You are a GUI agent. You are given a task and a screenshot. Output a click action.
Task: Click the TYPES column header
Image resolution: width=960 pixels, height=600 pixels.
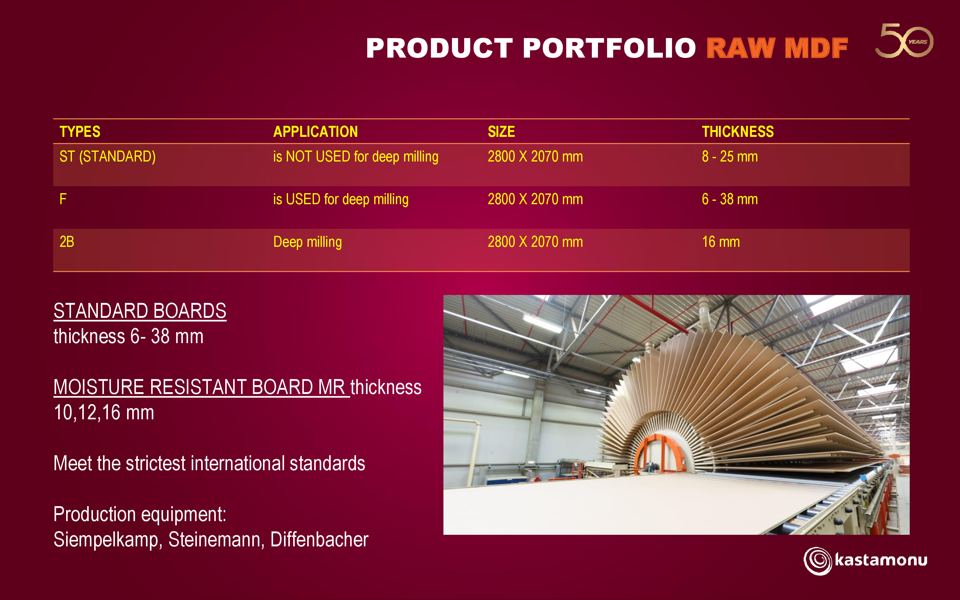click(80, 131)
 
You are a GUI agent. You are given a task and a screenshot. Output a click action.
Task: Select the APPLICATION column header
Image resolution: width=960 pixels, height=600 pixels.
click(315, 131)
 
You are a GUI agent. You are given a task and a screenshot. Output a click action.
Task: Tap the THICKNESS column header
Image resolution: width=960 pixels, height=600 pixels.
click(738, 131)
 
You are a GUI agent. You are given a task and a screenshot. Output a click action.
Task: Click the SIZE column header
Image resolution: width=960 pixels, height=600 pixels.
click(501, 131)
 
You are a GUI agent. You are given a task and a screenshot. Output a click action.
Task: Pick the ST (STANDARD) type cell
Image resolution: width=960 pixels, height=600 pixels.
click(108, 156)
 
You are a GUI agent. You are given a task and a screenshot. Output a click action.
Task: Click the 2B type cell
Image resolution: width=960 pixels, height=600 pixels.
click(67, 242)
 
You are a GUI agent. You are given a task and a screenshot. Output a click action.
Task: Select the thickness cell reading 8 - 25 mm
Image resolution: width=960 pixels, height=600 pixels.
click(730, 156)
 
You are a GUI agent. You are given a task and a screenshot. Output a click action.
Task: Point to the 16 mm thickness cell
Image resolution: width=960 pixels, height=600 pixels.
click(721, 242)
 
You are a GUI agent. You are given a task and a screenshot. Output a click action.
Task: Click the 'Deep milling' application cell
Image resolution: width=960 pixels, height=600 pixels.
click(308, 242)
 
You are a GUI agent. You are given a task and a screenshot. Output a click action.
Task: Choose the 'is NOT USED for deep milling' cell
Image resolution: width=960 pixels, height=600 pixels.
click(356, 156)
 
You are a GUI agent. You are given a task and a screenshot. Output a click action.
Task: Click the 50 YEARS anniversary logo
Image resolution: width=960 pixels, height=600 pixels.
click(904, 40)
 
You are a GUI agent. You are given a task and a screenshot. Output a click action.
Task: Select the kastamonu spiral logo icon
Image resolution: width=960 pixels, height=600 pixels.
click(818, 561)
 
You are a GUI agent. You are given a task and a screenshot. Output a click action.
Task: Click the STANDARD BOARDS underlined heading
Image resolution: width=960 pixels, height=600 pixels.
click(140, 311)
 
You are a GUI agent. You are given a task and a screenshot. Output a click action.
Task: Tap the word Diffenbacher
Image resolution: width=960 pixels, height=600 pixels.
click(319, 539)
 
